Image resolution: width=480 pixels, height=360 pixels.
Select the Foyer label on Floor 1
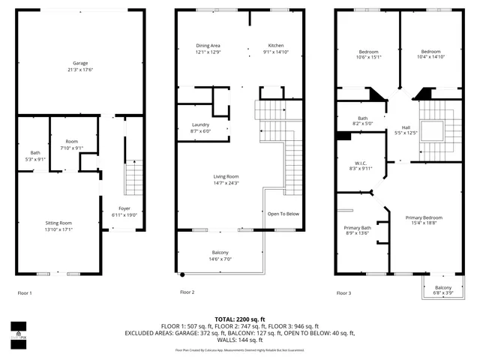pos(124,208)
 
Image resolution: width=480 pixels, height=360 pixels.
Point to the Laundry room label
pos(202,124)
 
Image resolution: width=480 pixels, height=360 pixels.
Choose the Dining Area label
pos(209,45)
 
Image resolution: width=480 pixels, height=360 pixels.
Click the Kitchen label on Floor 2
pos(277,45)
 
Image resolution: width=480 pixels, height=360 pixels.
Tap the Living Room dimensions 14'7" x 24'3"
pos(225,183)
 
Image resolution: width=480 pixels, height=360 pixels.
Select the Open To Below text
pos(283,214)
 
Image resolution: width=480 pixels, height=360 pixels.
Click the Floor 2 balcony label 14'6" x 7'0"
pos(220,259)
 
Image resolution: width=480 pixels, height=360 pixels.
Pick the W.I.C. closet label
pos(361,162)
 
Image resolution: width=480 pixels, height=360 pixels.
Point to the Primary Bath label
pos(358,227)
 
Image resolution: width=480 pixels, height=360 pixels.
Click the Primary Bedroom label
pos(424,217)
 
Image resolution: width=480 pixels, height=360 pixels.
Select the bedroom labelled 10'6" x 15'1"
pos(368,57)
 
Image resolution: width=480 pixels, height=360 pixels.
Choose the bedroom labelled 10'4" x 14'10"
pos(431,57)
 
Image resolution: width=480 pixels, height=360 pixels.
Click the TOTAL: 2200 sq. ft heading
pos(239,319)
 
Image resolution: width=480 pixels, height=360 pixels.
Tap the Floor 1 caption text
pos(25,292)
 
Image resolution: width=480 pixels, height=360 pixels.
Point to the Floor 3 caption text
pos(343,292)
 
